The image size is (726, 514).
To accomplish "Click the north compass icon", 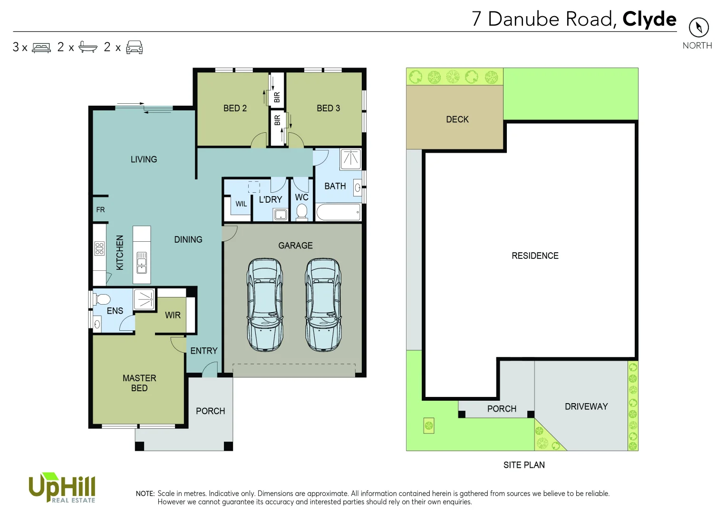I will [x=698, y=27].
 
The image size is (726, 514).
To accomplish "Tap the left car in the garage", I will [x=265, y=305].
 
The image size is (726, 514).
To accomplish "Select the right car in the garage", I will [x=323, y=305].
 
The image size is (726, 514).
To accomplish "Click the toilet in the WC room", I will [x=301, y=212].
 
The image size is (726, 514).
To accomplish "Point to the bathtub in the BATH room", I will [x=339, y=212].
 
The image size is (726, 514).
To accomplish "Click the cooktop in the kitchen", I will [x=99, y=248].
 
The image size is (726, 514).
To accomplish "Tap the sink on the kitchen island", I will [x=142, y=263].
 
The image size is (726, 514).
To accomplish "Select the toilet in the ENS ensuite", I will [x=102, y=299].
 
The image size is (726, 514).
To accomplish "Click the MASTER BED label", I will [x=139, y=383].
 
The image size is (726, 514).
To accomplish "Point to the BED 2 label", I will [x=235, y=109].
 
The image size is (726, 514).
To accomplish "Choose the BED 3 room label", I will [x=328, y=109].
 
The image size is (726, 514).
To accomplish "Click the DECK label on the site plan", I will [x=457, y=119].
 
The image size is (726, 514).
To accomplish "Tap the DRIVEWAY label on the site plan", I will [x=586, y=406].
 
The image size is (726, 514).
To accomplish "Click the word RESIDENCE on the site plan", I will [x=535, y=256].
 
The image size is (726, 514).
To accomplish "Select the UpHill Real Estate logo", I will [x=62, y=487].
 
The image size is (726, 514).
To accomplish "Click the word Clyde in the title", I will [x=649, y=19].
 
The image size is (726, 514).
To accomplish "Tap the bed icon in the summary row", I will [x=41, y=48].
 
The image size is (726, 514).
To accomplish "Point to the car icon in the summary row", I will [x=135, y=48].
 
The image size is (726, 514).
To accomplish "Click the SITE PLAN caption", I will [x=524, y=465].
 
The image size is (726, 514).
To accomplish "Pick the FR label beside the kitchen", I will [x=100, y=210].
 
